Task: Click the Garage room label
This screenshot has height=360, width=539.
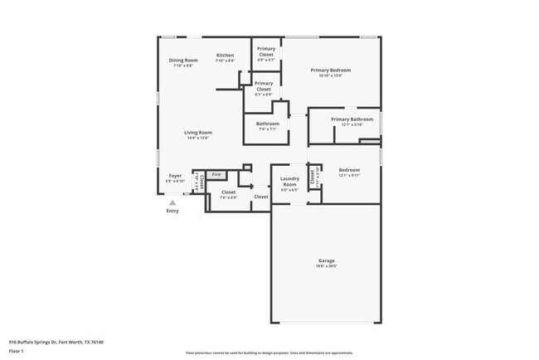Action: [x=325, y=260]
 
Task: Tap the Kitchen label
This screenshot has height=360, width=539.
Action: [x=226, y=56]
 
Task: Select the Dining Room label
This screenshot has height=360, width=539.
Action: [x=183, y=60]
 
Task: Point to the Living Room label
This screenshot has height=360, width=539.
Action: [x=198, y=133]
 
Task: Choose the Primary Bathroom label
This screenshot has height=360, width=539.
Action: [x=352, y=119]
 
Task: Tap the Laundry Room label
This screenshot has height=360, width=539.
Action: [x=289, y=181]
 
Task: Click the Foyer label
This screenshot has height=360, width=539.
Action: [x=175, y=176]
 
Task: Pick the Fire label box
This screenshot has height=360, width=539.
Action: [x=217, y=174]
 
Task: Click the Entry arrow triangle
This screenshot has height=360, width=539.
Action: [x=172, y=202]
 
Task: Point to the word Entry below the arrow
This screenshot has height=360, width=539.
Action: [x=172, y=211]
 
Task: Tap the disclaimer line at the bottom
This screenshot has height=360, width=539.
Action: [x=269, y=353]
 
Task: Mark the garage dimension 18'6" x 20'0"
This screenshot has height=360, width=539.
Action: [x=325, y=266]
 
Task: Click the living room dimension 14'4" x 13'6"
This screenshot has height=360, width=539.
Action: [x=198, y=138]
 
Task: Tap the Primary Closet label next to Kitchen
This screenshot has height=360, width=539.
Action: [x=265, y=51]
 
